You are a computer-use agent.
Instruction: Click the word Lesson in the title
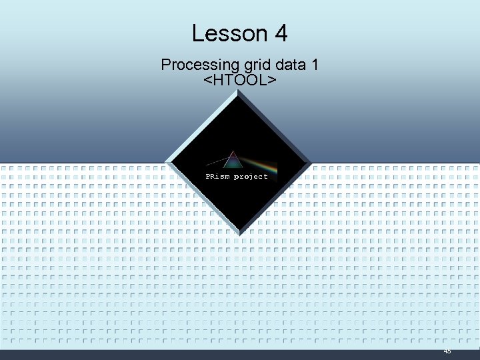[224, 33]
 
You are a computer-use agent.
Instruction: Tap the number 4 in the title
[279, 33]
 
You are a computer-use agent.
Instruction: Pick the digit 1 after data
[315, 65]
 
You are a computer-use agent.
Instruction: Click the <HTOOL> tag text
[239, 80]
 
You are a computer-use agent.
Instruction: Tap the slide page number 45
[447, 351]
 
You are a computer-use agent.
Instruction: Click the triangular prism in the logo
[233, 161]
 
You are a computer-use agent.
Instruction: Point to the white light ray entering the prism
[217, 162]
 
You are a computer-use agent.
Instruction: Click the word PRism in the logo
[217, 177]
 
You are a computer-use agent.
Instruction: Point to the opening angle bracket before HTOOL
[207, 80]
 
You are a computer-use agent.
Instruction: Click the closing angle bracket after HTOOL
[272, 80]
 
